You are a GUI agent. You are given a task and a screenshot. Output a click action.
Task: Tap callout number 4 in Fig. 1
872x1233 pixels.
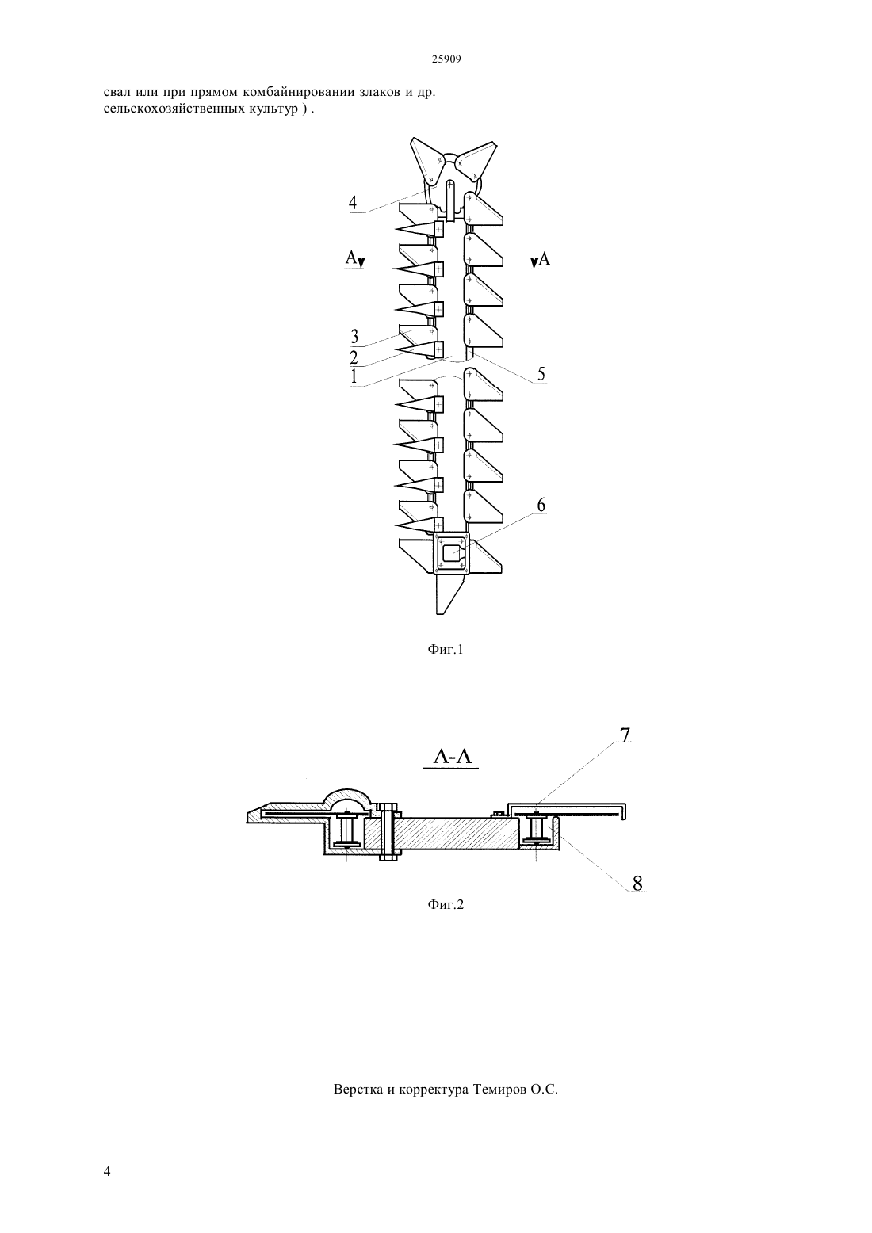(352, 203)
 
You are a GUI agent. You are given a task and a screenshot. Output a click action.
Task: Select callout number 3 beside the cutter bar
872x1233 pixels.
(354, 336)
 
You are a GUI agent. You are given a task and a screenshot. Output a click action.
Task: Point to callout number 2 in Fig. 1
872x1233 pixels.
(354, 357)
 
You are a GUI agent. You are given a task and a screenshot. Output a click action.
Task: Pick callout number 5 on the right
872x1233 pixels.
(541, 374)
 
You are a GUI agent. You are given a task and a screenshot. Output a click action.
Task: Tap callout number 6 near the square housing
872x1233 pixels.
(541, 505)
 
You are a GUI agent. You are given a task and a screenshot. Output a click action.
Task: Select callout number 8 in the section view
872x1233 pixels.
(637, 883)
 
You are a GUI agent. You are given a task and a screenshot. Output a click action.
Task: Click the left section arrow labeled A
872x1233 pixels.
(355, 258)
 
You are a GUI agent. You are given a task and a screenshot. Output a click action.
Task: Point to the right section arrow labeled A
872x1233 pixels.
(541, 258)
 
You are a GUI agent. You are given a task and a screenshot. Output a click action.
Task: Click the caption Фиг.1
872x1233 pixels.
(446, 650)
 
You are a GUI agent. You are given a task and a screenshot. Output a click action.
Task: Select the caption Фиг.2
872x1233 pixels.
(446, 904)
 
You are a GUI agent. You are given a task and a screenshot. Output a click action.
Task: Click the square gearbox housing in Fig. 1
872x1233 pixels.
(451, 553)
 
